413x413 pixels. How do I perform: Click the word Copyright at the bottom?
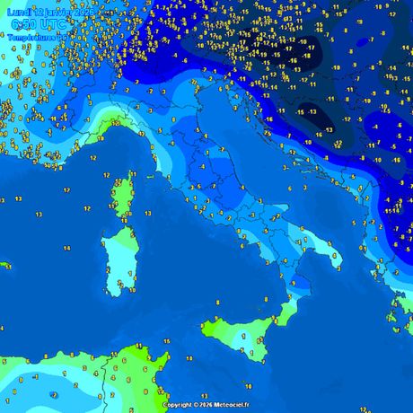(178, 404)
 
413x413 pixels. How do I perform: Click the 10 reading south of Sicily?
(260, 363)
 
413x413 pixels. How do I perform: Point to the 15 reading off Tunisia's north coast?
(166, 342)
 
